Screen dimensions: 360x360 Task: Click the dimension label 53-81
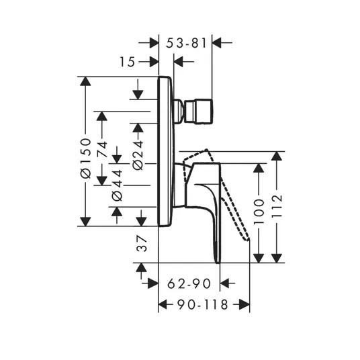point(186,43)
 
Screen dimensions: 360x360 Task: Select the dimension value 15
point(128,62)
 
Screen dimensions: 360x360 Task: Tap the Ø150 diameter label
point(86,159)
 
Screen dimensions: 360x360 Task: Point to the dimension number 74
point(102,149)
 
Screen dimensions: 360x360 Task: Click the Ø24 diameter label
point(138,155)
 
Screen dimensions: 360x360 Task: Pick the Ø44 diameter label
point(117,185)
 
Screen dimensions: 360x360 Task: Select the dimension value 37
point(142,244)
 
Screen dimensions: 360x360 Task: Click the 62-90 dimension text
point(189,283)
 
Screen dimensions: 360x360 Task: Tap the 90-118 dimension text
point(203,304)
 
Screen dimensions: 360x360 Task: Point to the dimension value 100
point(259,212)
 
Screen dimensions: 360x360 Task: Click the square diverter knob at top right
point(199,111)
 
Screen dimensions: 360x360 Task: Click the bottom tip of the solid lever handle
point(218,262)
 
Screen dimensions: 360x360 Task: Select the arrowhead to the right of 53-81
point(217,43)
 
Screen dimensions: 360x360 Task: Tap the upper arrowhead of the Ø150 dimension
point(85,81)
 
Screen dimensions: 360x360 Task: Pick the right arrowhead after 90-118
point(244,304)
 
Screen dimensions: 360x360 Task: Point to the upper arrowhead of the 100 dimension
point(259,168)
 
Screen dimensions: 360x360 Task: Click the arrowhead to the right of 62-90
point(225,283)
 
